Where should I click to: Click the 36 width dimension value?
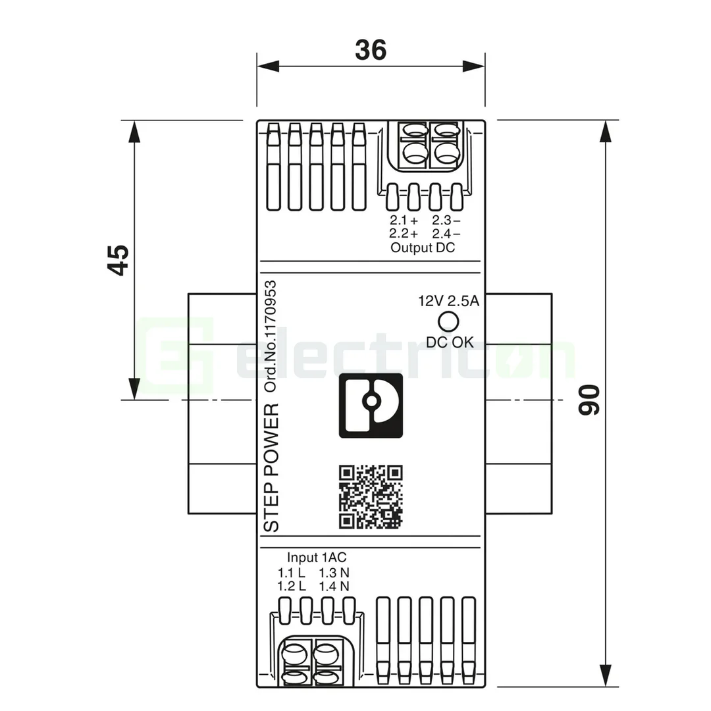[x=371, y=49]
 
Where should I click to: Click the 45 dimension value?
[x=119, y=260]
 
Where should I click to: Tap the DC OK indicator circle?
[x=449, y=321]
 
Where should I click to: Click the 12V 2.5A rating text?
[x=449, y=302]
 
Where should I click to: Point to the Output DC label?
[x=422, y=248]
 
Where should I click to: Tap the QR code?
[x=371, y=497]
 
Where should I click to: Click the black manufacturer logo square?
[x=371, y=405]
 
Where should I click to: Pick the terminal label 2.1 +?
[x=404, y=221]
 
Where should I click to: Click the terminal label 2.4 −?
[x=446, y=233]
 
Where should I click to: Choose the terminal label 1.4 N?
[x=334, y=585]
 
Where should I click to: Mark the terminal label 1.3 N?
[x=334, y=572]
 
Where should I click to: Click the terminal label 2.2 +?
[x=404, y=233]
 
